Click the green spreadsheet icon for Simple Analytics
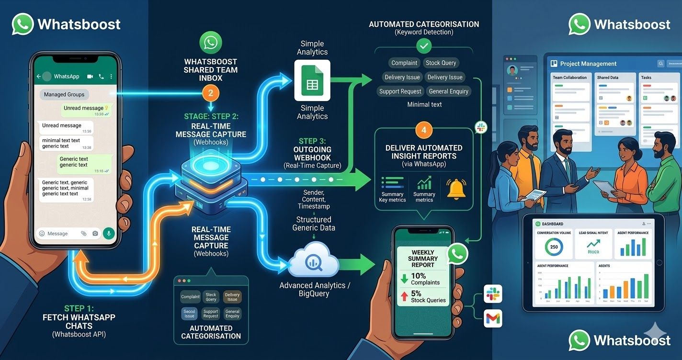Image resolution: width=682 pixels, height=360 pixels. pos(312,80)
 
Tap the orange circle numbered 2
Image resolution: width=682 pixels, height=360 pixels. pos(211,93)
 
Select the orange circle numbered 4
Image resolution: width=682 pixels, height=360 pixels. pos(424,130)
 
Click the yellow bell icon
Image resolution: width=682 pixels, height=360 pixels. pos(456,189)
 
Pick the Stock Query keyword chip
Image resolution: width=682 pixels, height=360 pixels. pos(441,63)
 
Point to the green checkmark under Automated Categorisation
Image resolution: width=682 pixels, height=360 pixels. pos(424,46)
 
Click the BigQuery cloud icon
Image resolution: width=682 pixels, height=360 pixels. pos(314,261)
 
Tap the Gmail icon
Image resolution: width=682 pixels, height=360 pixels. pos(492,318)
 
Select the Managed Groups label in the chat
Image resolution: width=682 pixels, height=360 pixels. pos(64,94)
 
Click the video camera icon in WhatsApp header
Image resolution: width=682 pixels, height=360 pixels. pos(90,77)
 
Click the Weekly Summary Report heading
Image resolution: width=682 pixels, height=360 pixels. pos(423,259)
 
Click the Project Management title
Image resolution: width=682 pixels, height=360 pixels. pos(588,64)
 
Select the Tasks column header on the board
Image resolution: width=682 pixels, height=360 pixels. pos(646,78)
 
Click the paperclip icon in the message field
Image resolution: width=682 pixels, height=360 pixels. pos(83,234)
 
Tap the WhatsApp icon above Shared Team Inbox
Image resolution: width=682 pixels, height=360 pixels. pos(211,43)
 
